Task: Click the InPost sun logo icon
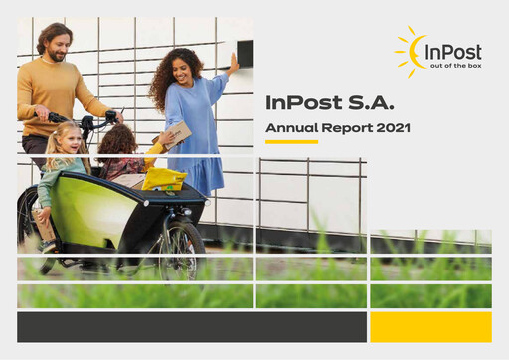411,51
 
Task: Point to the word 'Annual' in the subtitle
287,127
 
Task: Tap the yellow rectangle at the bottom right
430,326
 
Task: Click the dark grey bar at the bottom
190,326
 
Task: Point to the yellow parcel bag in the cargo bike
164,179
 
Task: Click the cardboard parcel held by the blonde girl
46,224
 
